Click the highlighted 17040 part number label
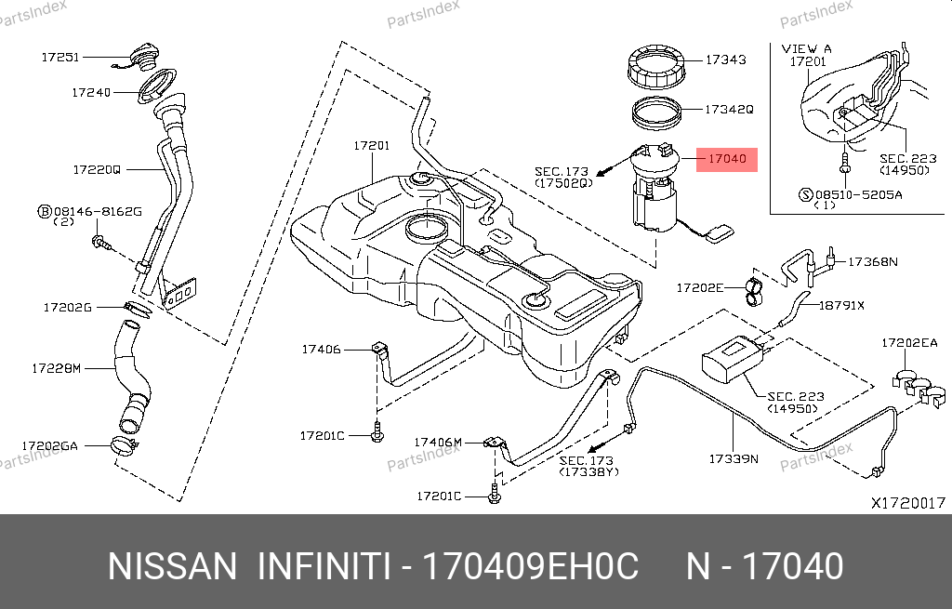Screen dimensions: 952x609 (727, 159)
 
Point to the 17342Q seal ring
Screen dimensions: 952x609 (657, 113)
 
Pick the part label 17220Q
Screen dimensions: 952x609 (97, 170)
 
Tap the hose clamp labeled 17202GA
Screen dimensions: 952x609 (126, 446)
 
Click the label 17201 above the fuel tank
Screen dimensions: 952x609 (372, 146)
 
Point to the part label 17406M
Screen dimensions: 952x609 (438, 443)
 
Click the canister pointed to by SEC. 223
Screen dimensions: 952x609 (732, 358)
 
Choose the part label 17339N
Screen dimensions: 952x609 (734, 459)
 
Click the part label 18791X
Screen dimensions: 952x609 (841, 305)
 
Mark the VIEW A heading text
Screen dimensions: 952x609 (806, 48)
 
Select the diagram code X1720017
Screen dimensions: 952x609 (908, 503)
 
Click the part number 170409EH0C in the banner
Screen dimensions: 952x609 (530, 566)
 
